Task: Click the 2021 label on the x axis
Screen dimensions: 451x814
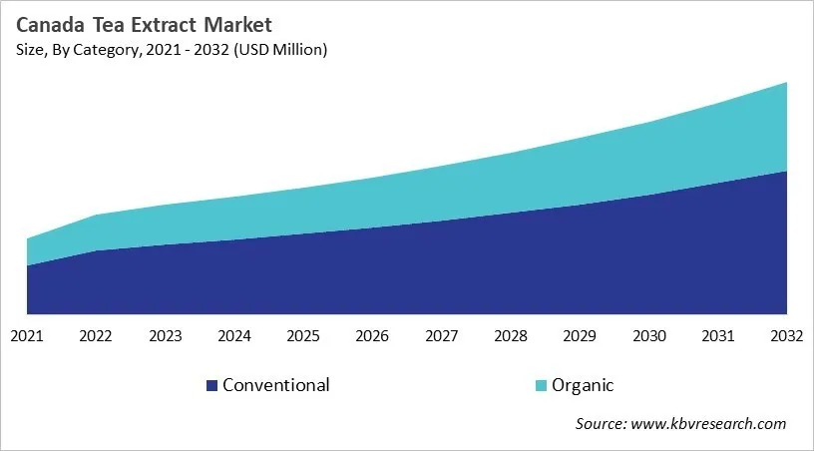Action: [x=27, y=337]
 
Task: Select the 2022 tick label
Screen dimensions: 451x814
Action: [x=96, y=337]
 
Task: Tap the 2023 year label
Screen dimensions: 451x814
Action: [x=165, y=337]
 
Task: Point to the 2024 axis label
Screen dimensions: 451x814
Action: [x=234, y=337]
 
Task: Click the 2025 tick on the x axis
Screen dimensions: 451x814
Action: [x=303, y=337]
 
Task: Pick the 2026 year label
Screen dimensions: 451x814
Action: [x=372, y=337]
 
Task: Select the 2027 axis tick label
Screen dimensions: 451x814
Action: [x=441, y=337]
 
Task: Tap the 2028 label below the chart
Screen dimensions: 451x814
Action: [x=511, y=337]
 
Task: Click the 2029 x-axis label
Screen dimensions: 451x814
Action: [x=580, y=337]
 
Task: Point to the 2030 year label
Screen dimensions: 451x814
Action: [x=648, y=337]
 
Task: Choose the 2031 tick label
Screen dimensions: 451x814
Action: [x=717, y=337]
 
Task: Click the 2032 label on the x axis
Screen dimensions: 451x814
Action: [x=786, y=337]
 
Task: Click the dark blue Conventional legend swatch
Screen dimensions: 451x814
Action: [x=211, y=385]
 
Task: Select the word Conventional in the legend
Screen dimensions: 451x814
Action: [x=276, y=385]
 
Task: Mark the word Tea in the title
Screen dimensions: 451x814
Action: [x=105, y=23]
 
